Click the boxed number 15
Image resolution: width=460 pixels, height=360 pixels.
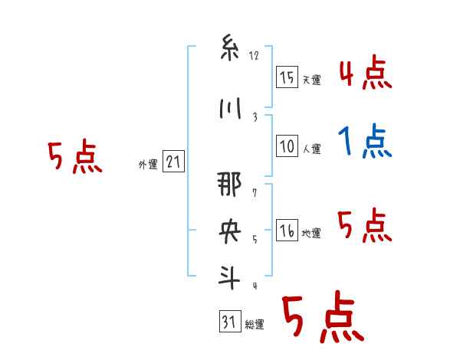287,77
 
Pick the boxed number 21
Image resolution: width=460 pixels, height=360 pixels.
173,162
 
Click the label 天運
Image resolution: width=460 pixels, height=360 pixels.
311,80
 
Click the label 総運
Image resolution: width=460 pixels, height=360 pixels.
255,325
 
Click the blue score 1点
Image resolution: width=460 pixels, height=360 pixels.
365,141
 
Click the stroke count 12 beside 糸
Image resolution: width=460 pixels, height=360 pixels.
254,55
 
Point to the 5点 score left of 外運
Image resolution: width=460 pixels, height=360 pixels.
74,158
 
